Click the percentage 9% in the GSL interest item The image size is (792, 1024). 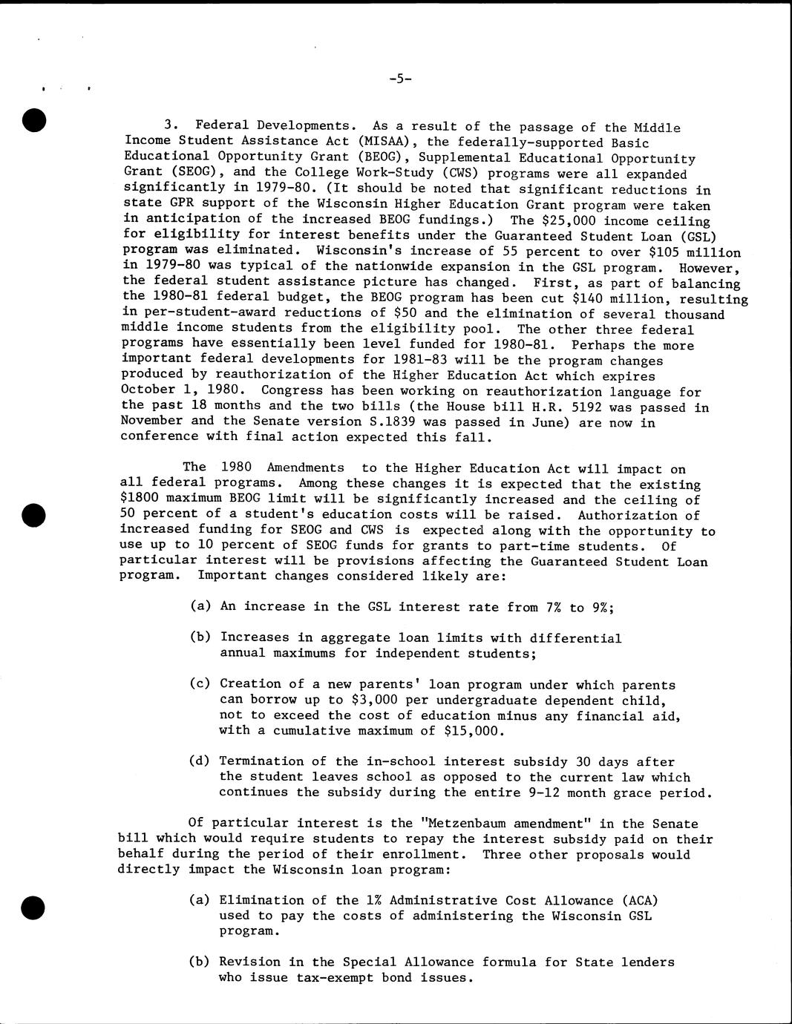point(602,608)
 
